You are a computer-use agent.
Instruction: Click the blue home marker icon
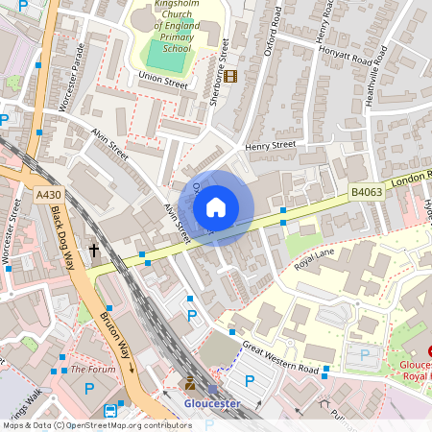tap(216, 207)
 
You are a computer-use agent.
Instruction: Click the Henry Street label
tap(270, 145)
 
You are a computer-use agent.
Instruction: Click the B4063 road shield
tap(366, 192)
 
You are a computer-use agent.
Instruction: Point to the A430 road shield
tap(49, 195)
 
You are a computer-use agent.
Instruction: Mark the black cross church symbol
tap(94, 251)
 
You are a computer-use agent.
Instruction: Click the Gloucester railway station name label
tap(211, 403)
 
